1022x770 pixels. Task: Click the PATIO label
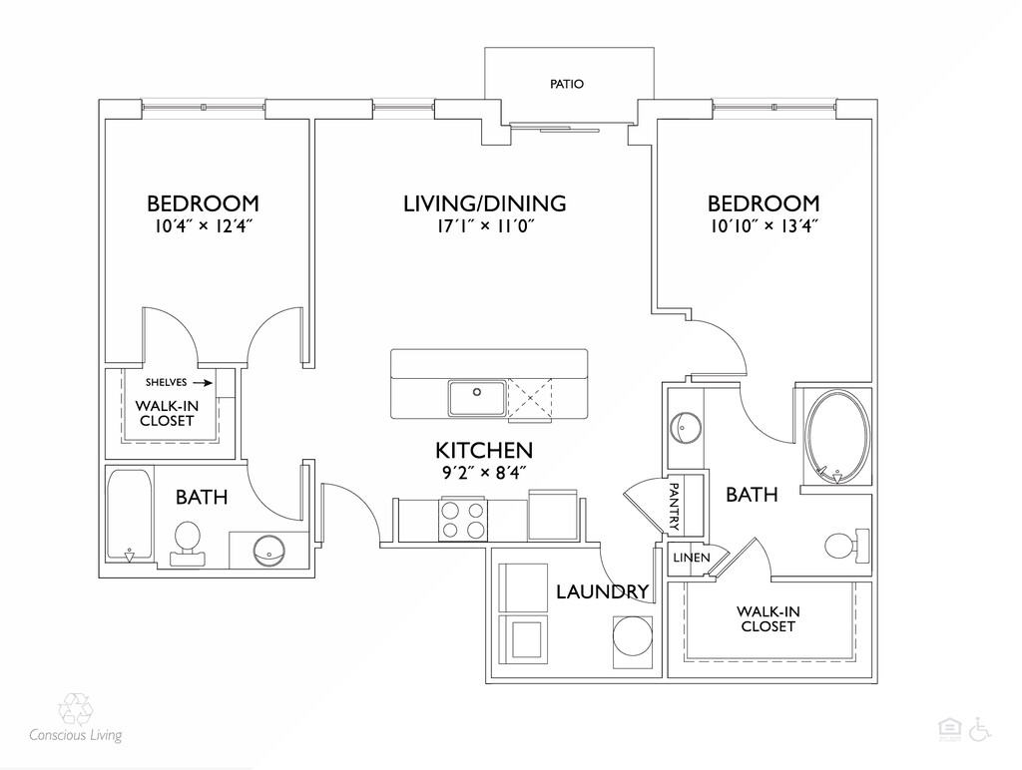[x=567, y=84]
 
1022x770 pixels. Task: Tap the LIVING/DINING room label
[x=484, y=203]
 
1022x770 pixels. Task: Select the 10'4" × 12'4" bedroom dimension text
[x=203, y=226]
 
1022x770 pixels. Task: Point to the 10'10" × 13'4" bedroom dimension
[x=764, y=226]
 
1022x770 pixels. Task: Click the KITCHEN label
[x=484, y=450]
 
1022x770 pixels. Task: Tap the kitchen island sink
[x=476, y=398]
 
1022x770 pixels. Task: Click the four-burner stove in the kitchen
[x=463, y=520]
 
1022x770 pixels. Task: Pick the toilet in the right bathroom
[x=846, y=546]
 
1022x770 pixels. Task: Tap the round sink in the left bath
[x=268, y=552]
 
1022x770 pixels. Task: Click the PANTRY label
[x=674, y=506]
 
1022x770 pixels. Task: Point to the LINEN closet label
[x=692, y=558]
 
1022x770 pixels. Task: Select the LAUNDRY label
[x=602, y=591]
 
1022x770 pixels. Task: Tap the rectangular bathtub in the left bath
[x=130, y=515]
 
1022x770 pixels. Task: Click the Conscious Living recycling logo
[x=76, y=709]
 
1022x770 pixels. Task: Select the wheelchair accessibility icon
[x=980, y=730]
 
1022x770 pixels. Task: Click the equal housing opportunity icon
[x=949, y=730]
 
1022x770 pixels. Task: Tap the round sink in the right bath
[x=685, y=427]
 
